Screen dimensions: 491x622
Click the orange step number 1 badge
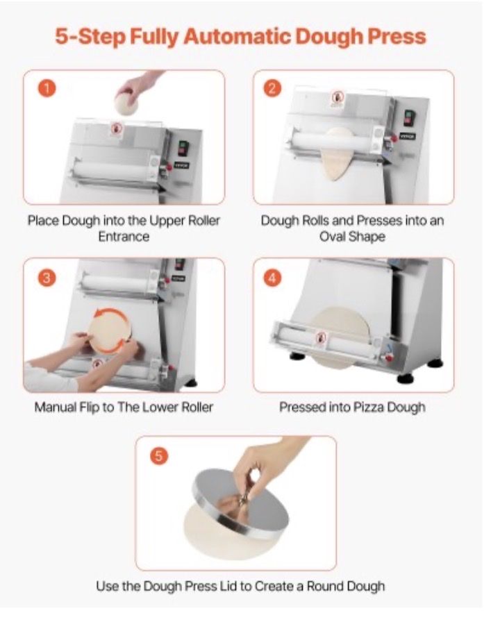pos(47,88)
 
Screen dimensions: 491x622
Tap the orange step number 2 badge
pos(272,88)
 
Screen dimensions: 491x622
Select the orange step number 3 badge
pos(47,278)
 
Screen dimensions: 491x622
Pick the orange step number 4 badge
pos(272,278)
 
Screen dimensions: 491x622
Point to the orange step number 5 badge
pos(158,456)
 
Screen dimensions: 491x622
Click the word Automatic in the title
pos(237,37)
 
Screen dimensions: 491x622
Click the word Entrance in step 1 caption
pos(124,237)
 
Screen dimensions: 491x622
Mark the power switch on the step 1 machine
pos(183,148)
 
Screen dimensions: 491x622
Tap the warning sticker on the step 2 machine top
pos(338,99)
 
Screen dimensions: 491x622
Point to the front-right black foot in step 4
pos(405,378)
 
